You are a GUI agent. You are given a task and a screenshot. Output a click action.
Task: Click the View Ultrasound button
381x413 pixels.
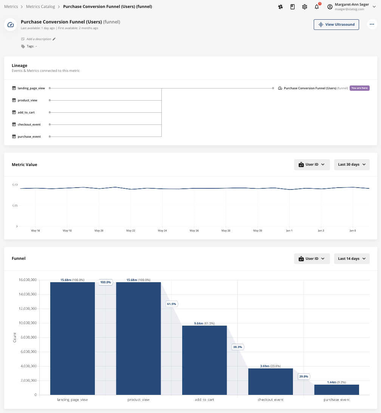336,25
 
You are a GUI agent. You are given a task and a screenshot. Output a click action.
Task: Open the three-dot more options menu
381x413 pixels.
372,25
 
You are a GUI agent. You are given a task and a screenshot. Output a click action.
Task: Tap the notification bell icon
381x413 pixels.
317,7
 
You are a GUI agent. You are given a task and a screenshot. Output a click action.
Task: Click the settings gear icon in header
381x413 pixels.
305,7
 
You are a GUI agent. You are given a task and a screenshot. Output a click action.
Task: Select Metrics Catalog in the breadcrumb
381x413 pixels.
40,7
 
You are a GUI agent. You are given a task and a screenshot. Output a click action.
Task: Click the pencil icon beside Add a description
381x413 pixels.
54,39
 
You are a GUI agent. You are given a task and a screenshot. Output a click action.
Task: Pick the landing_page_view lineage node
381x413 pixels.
31,88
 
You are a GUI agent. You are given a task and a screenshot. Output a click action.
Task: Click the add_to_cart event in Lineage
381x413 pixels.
26,112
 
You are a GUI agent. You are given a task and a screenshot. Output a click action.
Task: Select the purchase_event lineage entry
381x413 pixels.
29,137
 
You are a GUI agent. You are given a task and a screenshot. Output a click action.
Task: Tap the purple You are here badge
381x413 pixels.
359,88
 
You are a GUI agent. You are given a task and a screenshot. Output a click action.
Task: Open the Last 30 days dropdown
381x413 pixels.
352,165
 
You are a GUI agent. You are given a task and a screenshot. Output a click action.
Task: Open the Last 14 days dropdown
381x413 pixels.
352,259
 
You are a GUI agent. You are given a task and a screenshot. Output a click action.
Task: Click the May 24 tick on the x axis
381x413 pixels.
163,230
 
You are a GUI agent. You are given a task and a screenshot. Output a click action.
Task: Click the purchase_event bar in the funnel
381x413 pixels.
336,390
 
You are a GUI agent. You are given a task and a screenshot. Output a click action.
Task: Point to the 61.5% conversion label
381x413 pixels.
171,304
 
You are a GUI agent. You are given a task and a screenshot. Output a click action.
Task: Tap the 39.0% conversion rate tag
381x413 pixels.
304,376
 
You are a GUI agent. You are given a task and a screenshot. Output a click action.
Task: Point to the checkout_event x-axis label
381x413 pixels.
271,400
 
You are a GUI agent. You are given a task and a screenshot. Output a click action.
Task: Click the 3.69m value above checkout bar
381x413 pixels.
264,366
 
